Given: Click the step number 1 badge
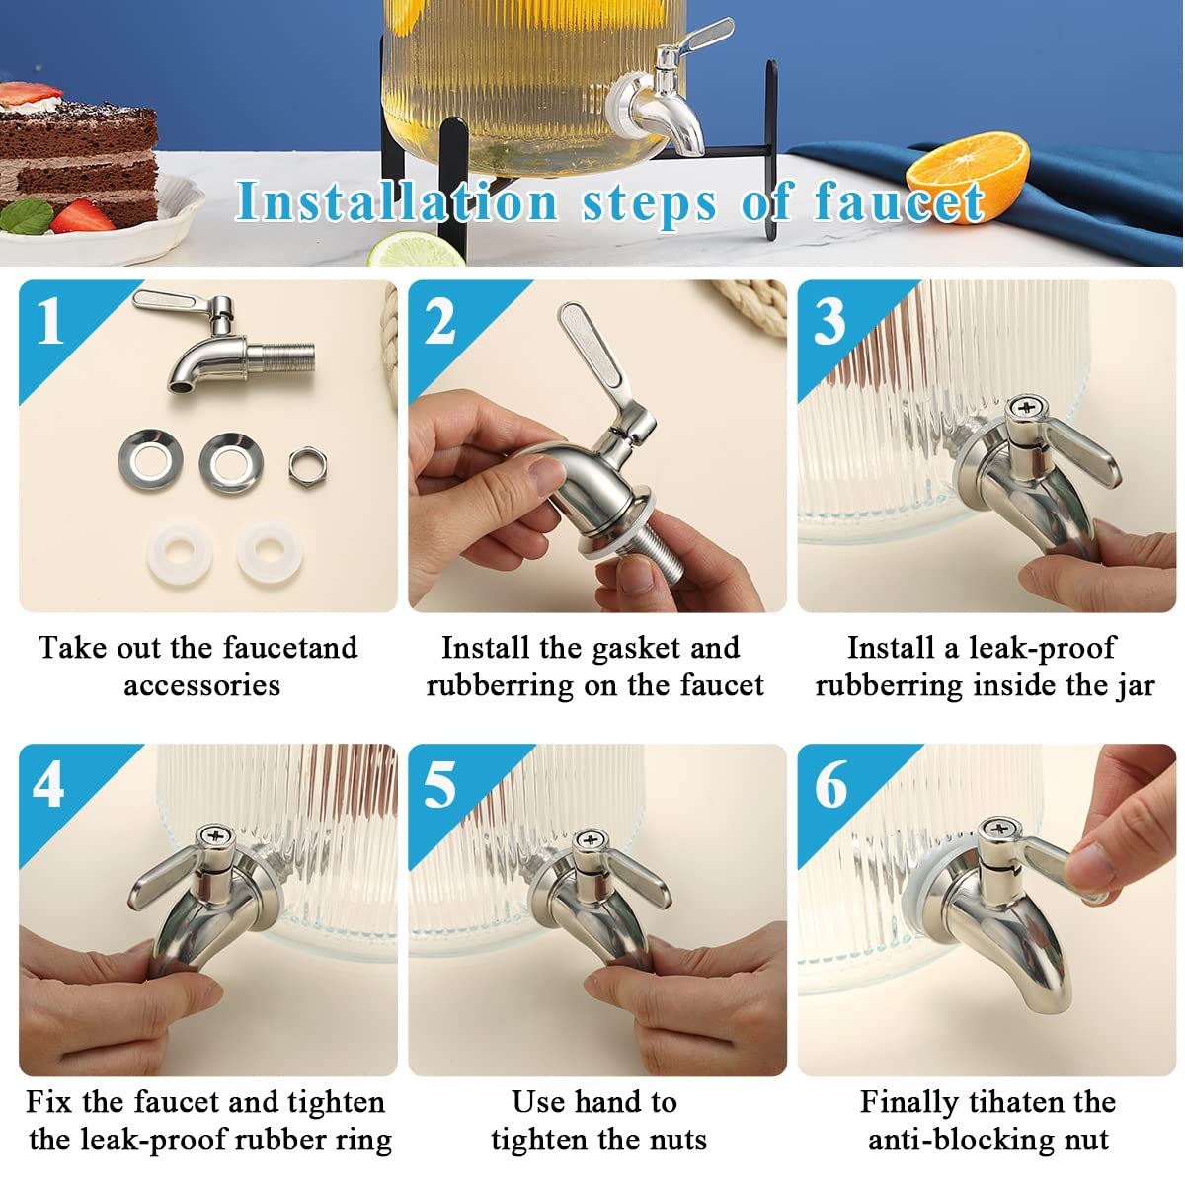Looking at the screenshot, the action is click(50, 321).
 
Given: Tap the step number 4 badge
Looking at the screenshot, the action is click(48, 785).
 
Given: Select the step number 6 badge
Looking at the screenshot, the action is click(830, 785).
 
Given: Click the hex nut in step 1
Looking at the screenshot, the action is click(307, 467).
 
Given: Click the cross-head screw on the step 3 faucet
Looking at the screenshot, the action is click(1026, 407).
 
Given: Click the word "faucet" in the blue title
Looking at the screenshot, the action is click(899, 201).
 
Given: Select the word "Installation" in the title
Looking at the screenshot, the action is click(397, 200).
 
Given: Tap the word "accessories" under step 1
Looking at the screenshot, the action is click(201, 685).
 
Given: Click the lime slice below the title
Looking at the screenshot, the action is click(416, 250).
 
